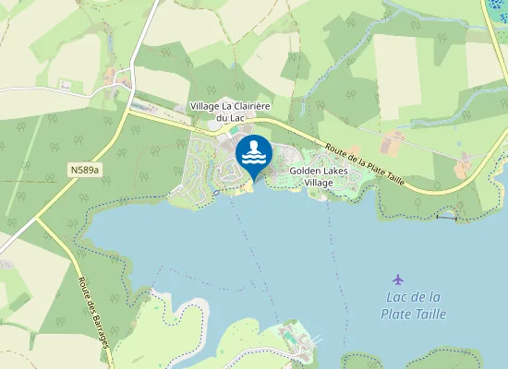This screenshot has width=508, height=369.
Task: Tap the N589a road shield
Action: point(83,170)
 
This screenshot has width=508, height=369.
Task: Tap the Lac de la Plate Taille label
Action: point(413,305)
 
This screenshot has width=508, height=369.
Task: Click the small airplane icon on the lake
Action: point(398,279)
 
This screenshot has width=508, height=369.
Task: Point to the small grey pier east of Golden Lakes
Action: point(447,218)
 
